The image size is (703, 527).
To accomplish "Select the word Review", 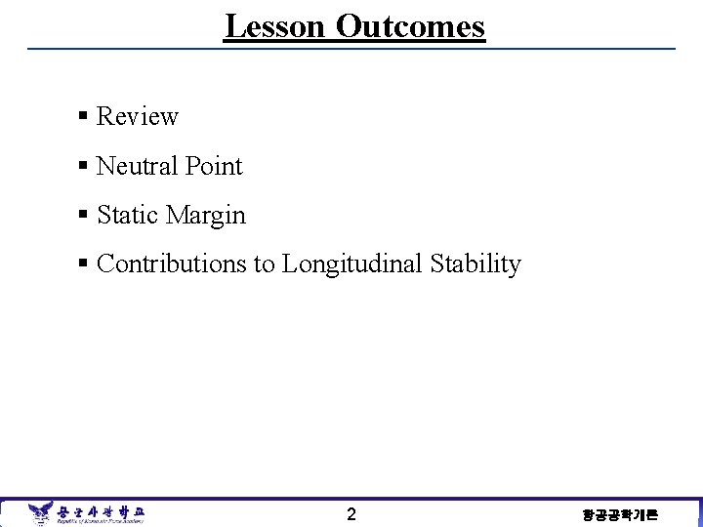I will (138, 117).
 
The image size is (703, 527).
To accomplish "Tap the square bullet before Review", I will (84, 117).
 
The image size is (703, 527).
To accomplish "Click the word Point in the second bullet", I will (214, 166).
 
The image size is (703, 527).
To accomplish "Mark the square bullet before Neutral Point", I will (84, 167).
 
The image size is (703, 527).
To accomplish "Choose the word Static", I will (128, 215).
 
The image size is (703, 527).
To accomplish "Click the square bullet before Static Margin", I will (84, 216).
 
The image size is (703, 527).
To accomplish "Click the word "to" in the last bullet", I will (265, 264).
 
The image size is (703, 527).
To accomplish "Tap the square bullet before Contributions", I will (84, 264).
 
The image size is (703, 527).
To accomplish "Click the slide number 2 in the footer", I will (351, 513).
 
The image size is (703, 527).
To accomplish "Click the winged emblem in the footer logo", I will (40, 512).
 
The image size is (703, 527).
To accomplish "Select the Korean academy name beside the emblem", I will (100, 510).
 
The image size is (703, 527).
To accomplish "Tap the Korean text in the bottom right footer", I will (620, 514).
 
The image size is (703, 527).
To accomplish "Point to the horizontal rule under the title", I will (351, 49).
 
